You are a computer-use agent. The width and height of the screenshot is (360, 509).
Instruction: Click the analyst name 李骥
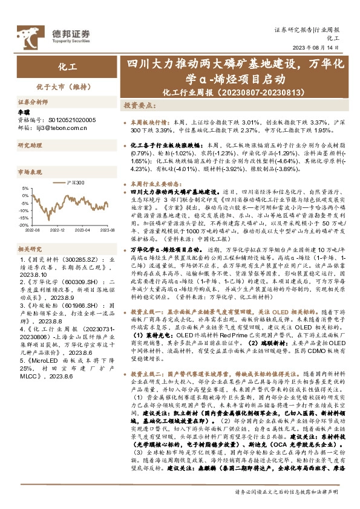23,112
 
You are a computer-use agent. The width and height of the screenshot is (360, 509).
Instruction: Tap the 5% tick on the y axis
26,188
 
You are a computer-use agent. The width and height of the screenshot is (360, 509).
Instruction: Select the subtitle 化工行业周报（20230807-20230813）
221,92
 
